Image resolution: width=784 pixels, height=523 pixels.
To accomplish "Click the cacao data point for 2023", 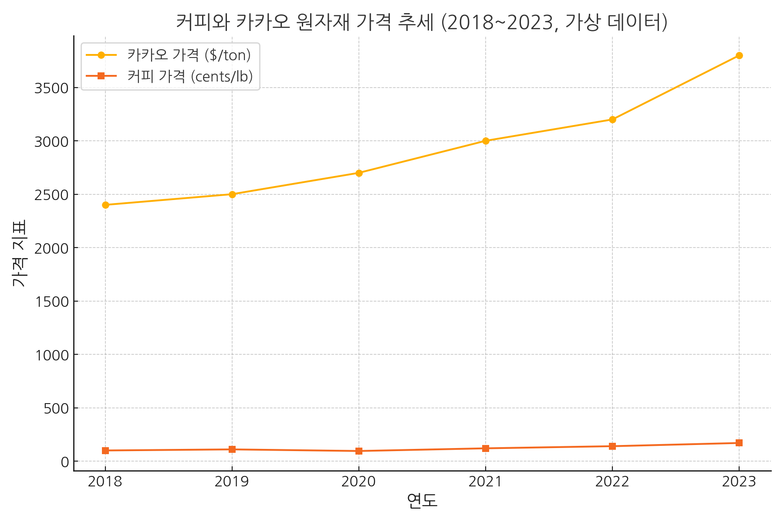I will click(739, 56).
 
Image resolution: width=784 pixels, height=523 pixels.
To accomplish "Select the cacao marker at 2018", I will click(105, 205).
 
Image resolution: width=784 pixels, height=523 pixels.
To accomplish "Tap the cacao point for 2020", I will click(359, 173).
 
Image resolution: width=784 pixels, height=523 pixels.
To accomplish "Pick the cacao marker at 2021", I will click(486, 141).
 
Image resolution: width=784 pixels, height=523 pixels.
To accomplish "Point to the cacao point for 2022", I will click(612, 119).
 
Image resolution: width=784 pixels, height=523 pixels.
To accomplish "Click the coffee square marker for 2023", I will click(739, 443).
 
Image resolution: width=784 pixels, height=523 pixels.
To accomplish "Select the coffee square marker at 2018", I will click(105, 451).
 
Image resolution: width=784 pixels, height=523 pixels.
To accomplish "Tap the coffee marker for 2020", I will click(359, 451).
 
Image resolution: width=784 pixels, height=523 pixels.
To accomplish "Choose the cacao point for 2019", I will click(232, 194).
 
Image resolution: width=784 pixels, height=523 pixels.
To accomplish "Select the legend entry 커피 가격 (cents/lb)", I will click(190, 76).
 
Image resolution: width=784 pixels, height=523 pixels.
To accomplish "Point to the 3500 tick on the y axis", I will click(51, 88).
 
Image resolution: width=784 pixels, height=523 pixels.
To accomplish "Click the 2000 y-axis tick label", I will click(51, 248).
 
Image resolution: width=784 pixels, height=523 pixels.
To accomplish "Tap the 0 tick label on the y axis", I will click(65, 462).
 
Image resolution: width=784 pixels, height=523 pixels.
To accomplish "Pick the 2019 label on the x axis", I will click(232, 482).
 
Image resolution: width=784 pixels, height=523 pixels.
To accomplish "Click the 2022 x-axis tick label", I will click(612, 482).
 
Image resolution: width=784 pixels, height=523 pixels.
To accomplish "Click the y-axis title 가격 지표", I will click(20, 253).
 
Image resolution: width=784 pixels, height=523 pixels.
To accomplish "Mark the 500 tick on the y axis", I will click(56, 409).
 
